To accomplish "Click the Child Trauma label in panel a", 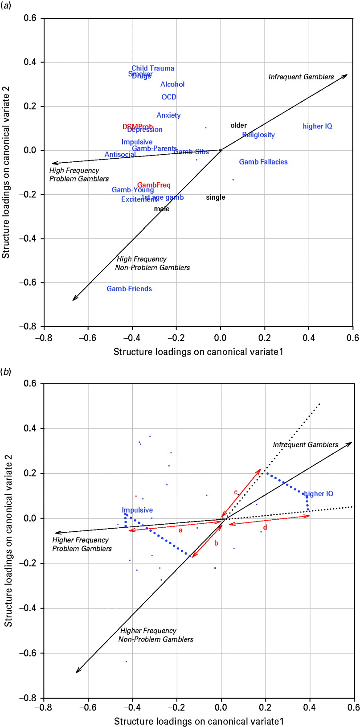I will click(x=153, y=68).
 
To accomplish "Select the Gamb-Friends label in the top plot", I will click(x=129, y=289).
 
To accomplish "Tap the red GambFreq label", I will click(x=154, y=185).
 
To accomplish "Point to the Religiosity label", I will click(x=258, y=135).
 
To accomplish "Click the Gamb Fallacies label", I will click(x=263, y=162).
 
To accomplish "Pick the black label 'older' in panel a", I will click(x=238, y=125).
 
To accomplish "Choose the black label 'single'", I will click(x=216, y=197).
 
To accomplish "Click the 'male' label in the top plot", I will click(x=162, y=209).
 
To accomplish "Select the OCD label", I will click(x=169, y=97).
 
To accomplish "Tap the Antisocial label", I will click(x=120, y=155).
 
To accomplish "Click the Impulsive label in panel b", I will click(x=137, y=510).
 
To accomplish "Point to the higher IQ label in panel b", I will click(x=318, y=494).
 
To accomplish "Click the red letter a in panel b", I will click(x=180, y=530).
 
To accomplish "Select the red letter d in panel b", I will click(x=265, y=528).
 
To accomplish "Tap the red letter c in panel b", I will click(x=236, y=493).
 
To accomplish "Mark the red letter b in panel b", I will click(x=216, y=543).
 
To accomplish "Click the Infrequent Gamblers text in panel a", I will click(x=301, y=77).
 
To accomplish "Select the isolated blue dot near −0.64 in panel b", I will click(x=126, y=661).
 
